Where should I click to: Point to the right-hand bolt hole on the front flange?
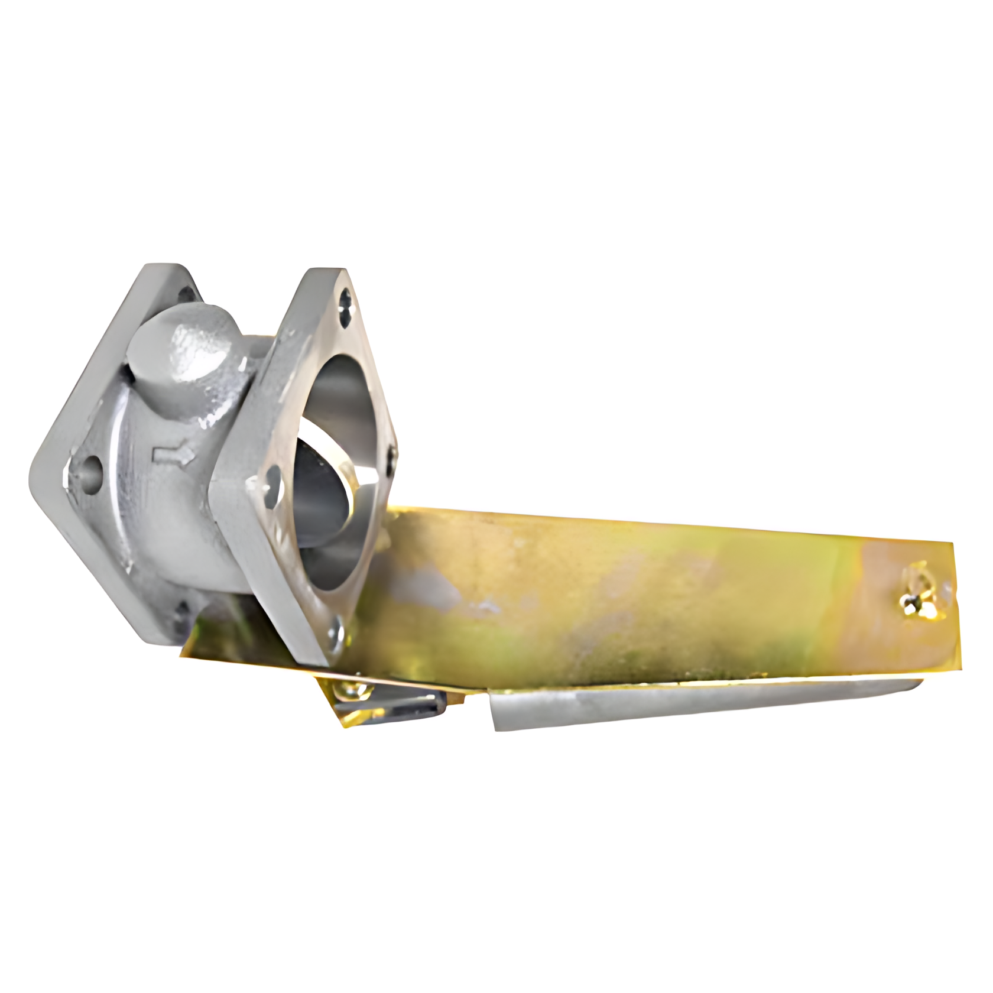pos(394,453)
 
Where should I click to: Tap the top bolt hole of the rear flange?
pos(189,296)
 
